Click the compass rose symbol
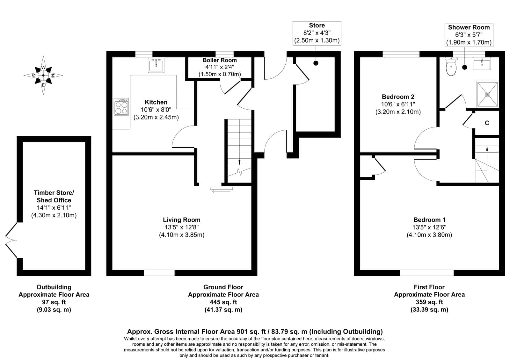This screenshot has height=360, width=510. (43, 75)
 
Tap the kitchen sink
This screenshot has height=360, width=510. (156, 65)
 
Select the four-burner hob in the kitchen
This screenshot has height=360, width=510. (121, 107)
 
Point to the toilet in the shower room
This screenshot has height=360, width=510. (451, 67)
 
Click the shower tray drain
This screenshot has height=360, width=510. (488, 94)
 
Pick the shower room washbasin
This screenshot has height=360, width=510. (482, 63)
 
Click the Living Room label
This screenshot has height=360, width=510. (181, 220)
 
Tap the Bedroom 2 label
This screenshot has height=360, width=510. (398, 97)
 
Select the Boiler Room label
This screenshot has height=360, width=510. (220, 60)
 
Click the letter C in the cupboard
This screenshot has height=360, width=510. (487, 123)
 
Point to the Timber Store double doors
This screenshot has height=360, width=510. (11, 240)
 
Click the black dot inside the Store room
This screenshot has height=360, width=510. (316, 63)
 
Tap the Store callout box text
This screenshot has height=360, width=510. (317, 33)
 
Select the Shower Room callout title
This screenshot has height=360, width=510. (469, 27)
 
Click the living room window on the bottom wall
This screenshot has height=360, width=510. (159, 273)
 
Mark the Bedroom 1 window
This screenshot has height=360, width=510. (427, 273)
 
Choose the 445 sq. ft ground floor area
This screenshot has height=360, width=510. (223, 302)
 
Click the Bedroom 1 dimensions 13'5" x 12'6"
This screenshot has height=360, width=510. (429, 227)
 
